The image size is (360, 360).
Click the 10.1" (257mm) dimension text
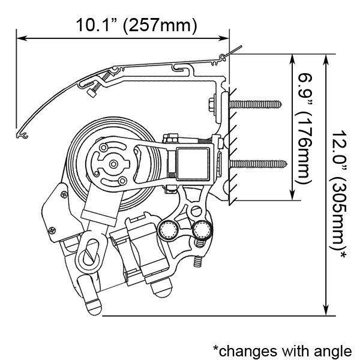[136, 25]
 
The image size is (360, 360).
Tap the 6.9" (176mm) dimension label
[305, 129]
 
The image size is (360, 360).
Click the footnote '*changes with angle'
[283, 351]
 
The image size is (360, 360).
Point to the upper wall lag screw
[255, 104]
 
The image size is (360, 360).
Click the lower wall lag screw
[258, 164]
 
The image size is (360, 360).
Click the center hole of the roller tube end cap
[113, 164]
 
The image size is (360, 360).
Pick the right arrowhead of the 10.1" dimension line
[224, 38]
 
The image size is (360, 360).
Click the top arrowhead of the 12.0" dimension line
[326, 59]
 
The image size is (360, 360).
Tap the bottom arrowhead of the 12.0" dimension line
[326, 310]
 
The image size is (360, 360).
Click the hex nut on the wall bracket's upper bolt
[211, 105]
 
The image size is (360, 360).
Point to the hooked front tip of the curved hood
[22, 136]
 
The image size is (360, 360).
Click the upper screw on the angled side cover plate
[64, 194]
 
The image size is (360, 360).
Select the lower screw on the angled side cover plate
[52, 230]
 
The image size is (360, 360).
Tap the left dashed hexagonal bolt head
[168, 230]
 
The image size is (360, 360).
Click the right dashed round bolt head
[202, 230]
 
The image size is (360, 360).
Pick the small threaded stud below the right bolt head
[198, 261]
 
